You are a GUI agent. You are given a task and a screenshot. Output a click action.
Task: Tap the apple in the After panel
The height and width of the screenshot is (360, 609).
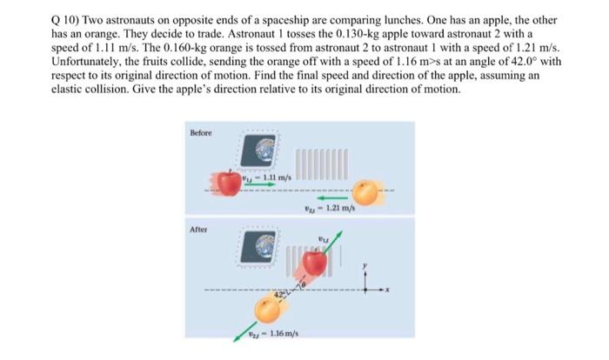pyautogui.click(x=315, y=260)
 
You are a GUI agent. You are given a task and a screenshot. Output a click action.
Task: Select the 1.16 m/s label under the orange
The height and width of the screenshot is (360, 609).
pyautogui.click(x=273, y=337)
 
